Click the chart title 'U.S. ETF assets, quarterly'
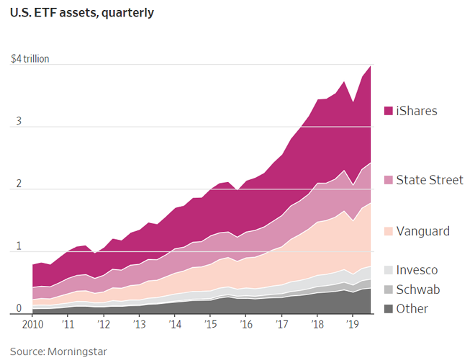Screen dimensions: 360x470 (82, 13)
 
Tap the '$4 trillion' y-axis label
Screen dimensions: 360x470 (30, 59)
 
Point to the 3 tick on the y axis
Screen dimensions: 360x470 (18, 122)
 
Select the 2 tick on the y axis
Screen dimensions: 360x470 (18, 185)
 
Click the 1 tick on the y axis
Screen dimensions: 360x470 (18, 248)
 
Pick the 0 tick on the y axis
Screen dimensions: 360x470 (18, 310)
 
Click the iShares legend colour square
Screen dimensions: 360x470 (388, 111)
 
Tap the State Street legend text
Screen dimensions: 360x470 (430, 180)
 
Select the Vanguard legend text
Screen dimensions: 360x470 (422, 231)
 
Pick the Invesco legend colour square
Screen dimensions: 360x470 (388, 271)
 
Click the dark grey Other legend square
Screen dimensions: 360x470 (388, 309)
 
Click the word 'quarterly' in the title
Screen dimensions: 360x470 (128, 13)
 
